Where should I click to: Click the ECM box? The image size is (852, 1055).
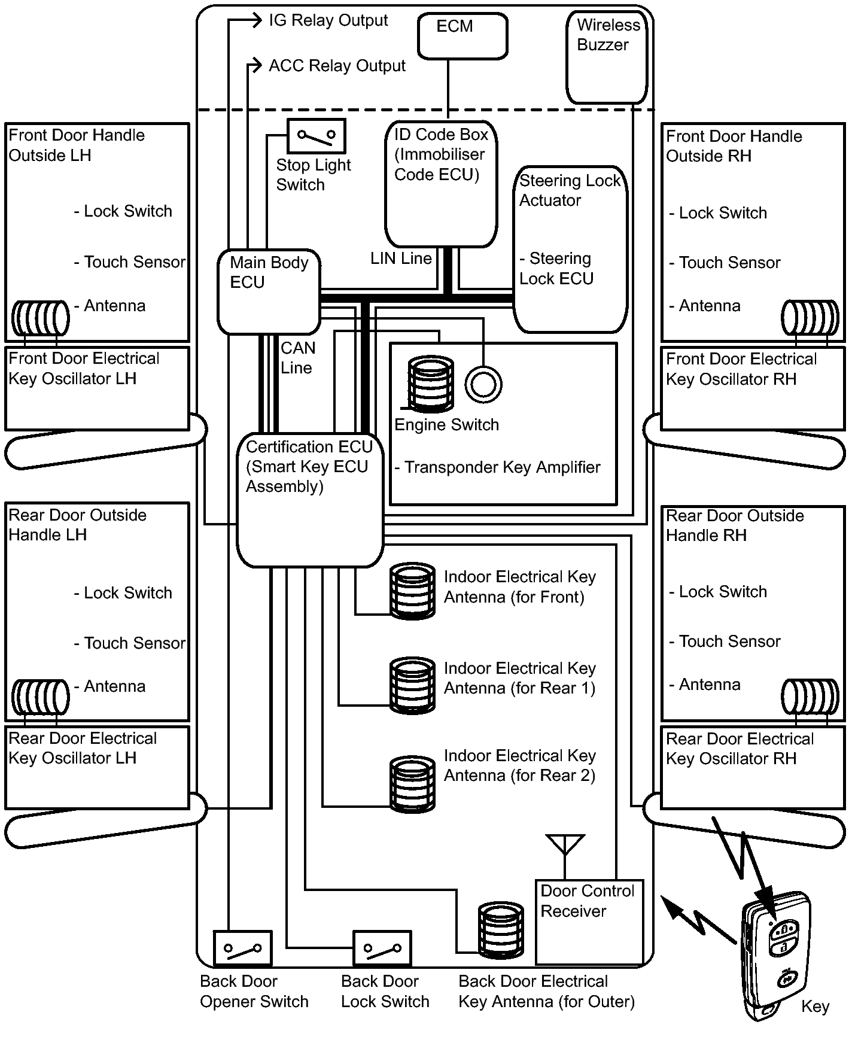point(462,36)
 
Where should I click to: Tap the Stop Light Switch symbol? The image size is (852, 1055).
point(317,136)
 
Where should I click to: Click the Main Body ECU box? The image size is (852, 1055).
point(269,291)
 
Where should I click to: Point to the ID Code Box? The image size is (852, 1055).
point(441,183)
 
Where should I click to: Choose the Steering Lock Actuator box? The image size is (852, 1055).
point(570,248)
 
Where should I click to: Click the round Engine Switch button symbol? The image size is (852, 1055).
point(483,384)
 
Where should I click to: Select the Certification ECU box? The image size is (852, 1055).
point(309,500)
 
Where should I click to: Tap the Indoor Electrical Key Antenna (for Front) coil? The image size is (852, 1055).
point(412,590)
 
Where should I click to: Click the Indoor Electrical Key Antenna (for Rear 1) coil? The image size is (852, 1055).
point(412,685)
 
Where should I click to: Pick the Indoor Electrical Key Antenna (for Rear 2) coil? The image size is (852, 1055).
point(412,783)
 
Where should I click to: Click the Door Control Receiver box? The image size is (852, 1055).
point(589,921)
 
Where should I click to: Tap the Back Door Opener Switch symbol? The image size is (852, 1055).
point(242,948)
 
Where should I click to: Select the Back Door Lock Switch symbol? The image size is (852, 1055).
point(382,948)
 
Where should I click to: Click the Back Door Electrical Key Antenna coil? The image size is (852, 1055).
point(501,929)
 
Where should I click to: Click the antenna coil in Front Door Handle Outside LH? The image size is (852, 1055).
point(41,318)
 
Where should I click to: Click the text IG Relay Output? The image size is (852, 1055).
point(328,20)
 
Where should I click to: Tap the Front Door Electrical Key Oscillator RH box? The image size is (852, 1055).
point(752,388)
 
